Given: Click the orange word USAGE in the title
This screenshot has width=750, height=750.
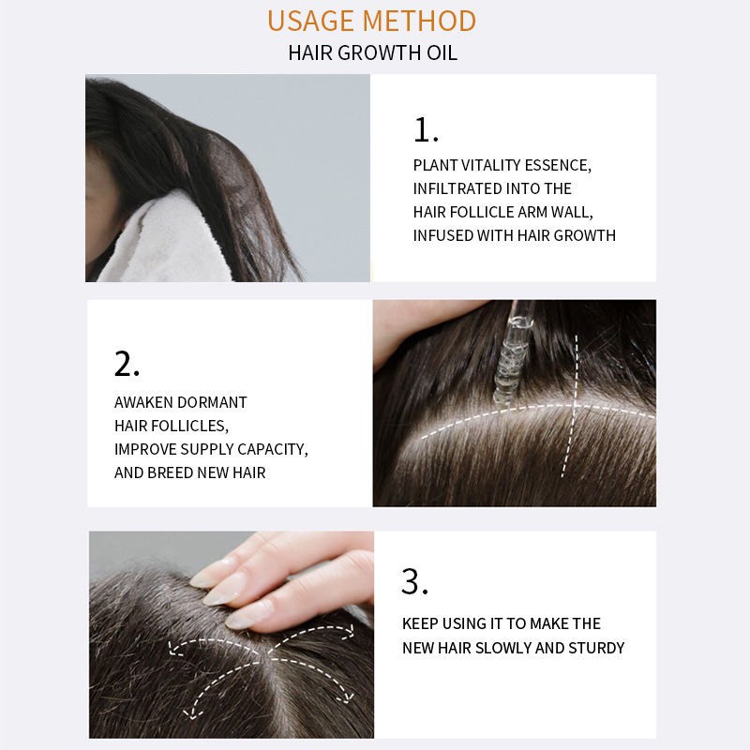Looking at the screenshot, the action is [x=310, y=21].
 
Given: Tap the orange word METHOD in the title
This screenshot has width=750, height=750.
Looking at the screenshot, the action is [x=419, y=21].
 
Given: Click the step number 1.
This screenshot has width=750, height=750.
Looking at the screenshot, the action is [x=426, y=129].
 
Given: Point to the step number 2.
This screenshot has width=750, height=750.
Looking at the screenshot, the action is [x=127, y=364].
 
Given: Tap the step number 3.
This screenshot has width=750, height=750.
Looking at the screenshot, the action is [x=414, y=581].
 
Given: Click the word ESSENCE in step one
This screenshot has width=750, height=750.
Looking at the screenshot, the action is [x=558, y=166].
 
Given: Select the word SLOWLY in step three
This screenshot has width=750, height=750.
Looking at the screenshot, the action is [x=502, y=648].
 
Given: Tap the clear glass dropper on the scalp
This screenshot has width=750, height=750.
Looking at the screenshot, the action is [x=510, y=355].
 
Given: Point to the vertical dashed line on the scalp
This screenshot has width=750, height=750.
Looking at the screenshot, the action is [x=572, y=406].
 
